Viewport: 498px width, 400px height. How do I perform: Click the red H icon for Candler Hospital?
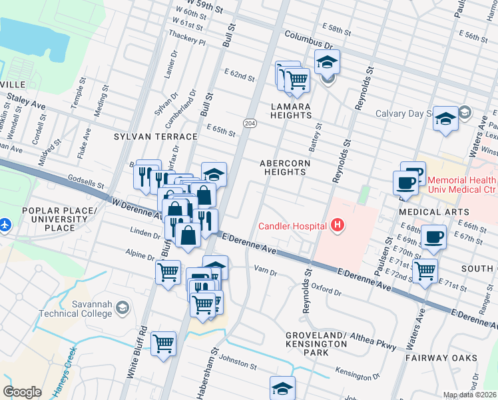click(338, 226)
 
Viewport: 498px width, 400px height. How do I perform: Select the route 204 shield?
click(249, 123)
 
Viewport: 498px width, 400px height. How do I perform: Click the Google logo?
click(22, 391)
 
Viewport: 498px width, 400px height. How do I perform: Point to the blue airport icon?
click(5, 223)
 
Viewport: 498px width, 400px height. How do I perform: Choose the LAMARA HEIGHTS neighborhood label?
click(291, 111)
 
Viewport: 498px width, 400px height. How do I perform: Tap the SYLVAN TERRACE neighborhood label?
click(156, 137)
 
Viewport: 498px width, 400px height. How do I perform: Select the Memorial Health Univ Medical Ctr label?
click(461, 186)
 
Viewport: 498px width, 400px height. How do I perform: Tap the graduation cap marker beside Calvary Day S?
click(445, 118)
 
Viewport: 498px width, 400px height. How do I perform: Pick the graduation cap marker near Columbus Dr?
click(326, 62)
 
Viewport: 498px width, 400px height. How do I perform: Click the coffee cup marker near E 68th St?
click(433, 237)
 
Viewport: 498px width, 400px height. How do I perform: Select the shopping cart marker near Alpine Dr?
click(168, 271)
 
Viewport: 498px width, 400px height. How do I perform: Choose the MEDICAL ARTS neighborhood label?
click(429, 212)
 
